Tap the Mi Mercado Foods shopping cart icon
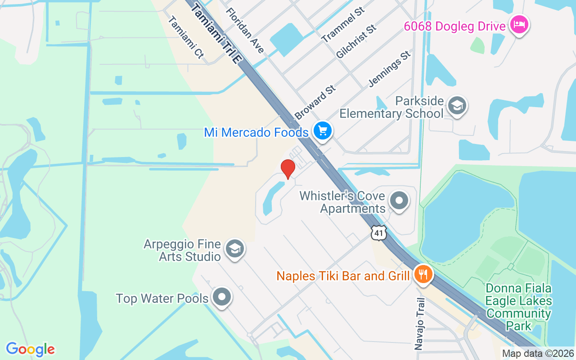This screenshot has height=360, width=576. point(322,131)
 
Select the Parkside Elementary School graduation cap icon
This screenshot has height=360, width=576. point(457,106)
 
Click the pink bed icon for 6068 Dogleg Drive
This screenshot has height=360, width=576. point(519,24)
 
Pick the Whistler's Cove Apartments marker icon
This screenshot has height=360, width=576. point(398,201)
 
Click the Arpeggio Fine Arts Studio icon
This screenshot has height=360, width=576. point(234,248)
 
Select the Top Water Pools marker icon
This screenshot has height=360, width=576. point(221,297)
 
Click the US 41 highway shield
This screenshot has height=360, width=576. point(378,233)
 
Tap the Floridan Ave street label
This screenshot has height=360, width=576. point(245,30)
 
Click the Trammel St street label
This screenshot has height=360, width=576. point(343,25)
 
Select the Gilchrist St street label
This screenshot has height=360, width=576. point(356,42)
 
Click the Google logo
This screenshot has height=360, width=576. point(30,349)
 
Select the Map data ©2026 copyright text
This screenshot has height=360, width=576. point(538,353)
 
